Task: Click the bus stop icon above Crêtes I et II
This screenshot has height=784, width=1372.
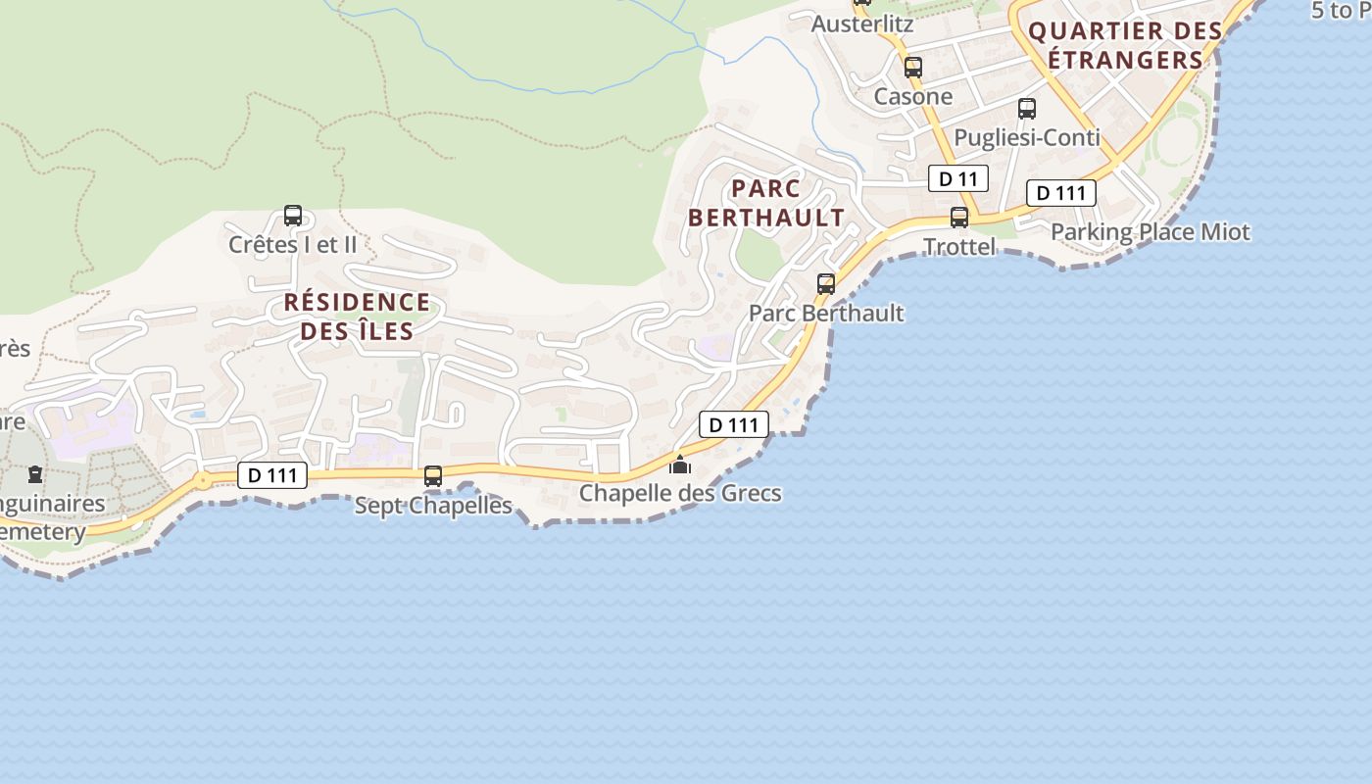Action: (292, 216)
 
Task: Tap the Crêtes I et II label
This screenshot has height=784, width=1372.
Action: (292, 244)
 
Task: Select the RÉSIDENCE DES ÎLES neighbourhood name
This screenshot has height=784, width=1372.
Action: (357, 316)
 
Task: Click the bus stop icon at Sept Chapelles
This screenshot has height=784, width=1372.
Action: (432, 476)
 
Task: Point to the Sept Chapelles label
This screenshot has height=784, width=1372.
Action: (433, 506)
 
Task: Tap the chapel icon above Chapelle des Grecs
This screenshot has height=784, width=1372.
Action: (680, 464)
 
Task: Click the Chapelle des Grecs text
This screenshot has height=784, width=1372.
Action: (680, 492)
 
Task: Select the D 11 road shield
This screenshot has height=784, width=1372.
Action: (957, 178)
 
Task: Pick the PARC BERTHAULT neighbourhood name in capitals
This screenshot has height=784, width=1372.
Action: (766, 203)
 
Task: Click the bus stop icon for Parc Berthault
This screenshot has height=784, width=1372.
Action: (826, 284)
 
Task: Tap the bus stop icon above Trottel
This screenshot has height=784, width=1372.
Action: (959, 218)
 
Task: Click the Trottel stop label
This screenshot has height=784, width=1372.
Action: (959, 247)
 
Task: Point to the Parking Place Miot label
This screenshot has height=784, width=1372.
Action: (1151, 232)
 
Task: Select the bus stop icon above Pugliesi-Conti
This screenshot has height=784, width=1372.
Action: (1027, 109)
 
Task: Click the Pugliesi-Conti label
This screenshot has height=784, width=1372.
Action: (1027, 137)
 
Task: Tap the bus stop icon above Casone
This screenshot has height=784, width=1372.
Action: (913, 68)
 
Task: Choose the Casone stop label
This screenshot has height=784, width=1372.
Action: (913, 96)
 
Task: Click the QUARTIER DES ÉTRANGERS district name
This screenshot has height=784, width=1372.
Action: (1125, 45)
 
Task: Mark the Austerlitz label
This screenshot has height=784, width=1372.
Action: (862, 24)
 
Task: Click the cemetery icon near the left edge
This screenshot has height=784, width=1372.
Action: (35, 475)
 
